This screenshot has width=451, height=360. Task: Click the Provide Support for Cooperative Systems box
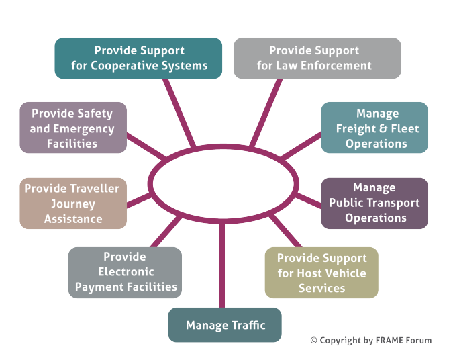coord(138,58)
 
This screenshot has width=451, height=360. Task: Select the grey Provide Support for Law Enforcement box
coord(317,58)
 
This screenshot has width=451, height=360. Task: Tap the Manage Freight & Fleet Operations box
coord(374,128)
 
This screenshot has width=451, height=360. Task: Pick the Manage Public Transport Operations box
coord(374,203)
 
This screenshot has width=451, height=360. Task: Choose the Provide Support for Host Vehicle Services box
coord(321,273)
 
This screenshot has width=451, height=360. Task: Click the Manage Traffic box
coord(225,325)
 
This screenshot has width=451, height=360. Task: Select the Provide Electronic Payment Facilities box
coord(125,272)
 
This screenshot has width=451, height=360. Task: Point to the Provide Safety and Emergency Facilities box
coord(72,128)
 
